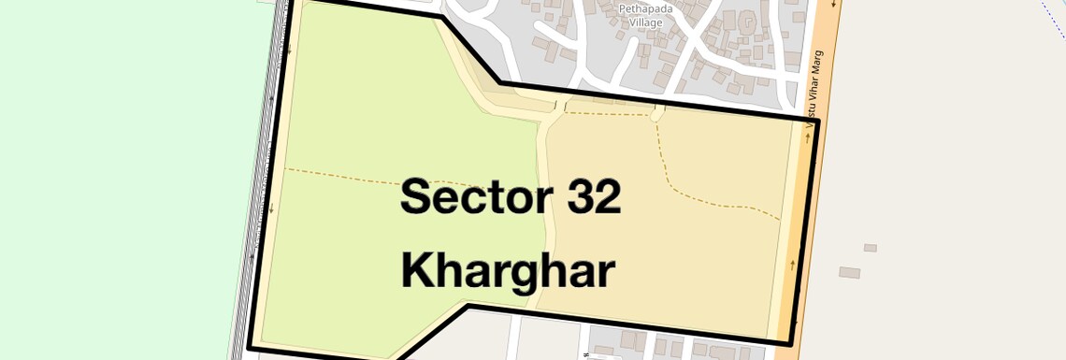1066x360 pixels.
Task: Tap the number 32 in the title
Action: click(588, 198)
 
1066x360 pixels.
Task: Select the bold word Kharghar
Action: click(508, 271)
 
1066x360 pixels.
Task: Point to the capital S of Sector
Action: click(417, 198)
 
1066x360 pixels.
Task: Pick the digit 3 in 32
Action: click(573, 198)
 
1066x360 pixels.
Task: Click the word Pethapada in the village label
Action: click(646, 9)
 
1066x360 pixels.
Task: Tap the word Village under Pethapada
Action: click(646, 22)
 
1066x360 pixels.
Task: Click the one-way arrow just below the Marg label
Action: click(807, 138)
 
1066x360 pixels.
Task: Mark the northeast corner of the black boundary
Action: click(818, 121)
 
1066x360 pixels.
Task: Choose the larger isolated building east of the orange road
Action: click(848, 272)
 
